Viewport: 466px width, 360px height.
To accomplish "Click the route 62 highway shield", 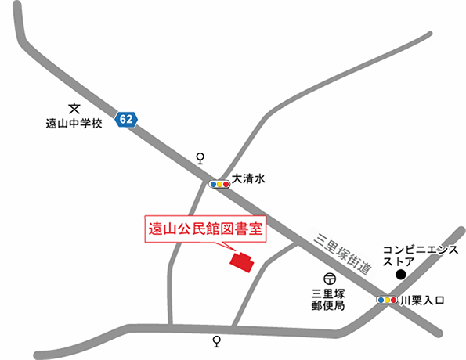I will (126, 119).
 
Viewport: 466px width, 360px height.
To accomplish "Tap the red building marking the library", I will (241, 261).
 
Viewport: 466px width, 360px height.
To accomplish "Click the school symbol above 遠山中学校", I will (75, 110).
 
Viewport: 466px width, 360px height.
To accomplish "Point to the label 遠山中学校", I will (74, 124).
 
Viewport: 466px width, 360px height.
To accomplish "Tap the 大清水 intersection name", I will (250, 179).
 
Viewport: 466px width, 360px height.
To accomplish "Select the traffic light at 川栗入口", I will (387, 300).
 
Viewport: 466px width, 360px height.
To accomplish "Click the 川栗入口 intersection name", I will (422, 300).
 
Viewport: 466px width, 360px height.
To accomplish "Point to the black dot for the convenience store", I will (401, 275).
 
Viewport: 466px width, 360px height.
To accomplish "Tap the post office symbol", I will (330, 278).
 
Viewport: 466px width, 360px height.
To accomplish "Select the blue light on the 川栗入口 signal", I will (381, 300).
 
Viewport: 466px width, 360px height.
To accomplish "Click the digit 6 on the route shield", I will (123, 119).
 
